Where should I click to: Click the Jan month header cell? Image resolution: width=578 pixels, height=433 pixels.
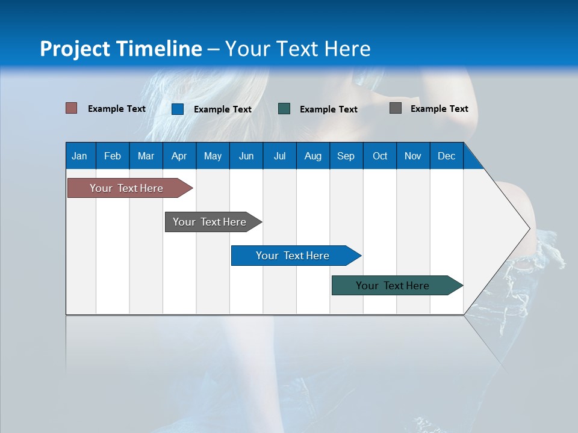(80, 156)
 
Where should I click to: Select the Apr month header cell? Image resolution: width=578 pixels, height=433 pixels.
(179, 156)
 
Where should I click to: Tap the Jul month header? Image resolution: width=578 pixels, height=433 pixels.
(279, 156)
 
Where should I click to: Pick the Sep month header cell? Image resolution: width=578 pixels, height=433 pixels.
(346, 156)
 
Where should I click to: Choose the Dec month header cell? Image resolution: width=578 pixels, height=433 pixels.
(446, 156)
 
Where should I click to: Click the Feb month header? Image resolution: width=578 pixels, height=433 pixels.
(113, 156)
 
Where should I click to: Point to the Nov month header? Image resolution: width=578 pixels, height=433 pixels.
(413, 156)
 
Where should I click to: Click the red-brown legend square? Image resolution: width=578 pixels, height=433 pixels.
(71, 108)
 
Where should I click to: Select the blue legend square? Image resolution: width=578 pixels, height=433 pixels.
(177, 109)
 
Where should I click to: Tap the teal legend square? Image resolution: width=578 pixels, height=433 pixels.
(284, 109)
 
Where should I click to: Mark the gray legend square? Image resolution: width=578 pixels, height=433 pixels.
(396, 108)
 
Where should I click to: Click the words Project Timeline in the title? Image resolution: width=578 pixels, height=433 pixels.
(120, 49)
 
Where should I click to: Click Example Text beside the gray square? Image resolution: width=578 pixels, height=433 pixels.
(439, 109)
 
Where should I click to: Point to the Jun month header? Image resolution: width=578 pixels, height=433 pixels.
(246, 156)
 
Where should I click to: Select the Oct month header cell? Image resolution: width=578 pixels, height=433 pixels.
(380, 156)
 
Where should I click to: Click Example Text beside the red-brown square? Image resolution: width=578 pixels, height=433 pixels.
(117, 109)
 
